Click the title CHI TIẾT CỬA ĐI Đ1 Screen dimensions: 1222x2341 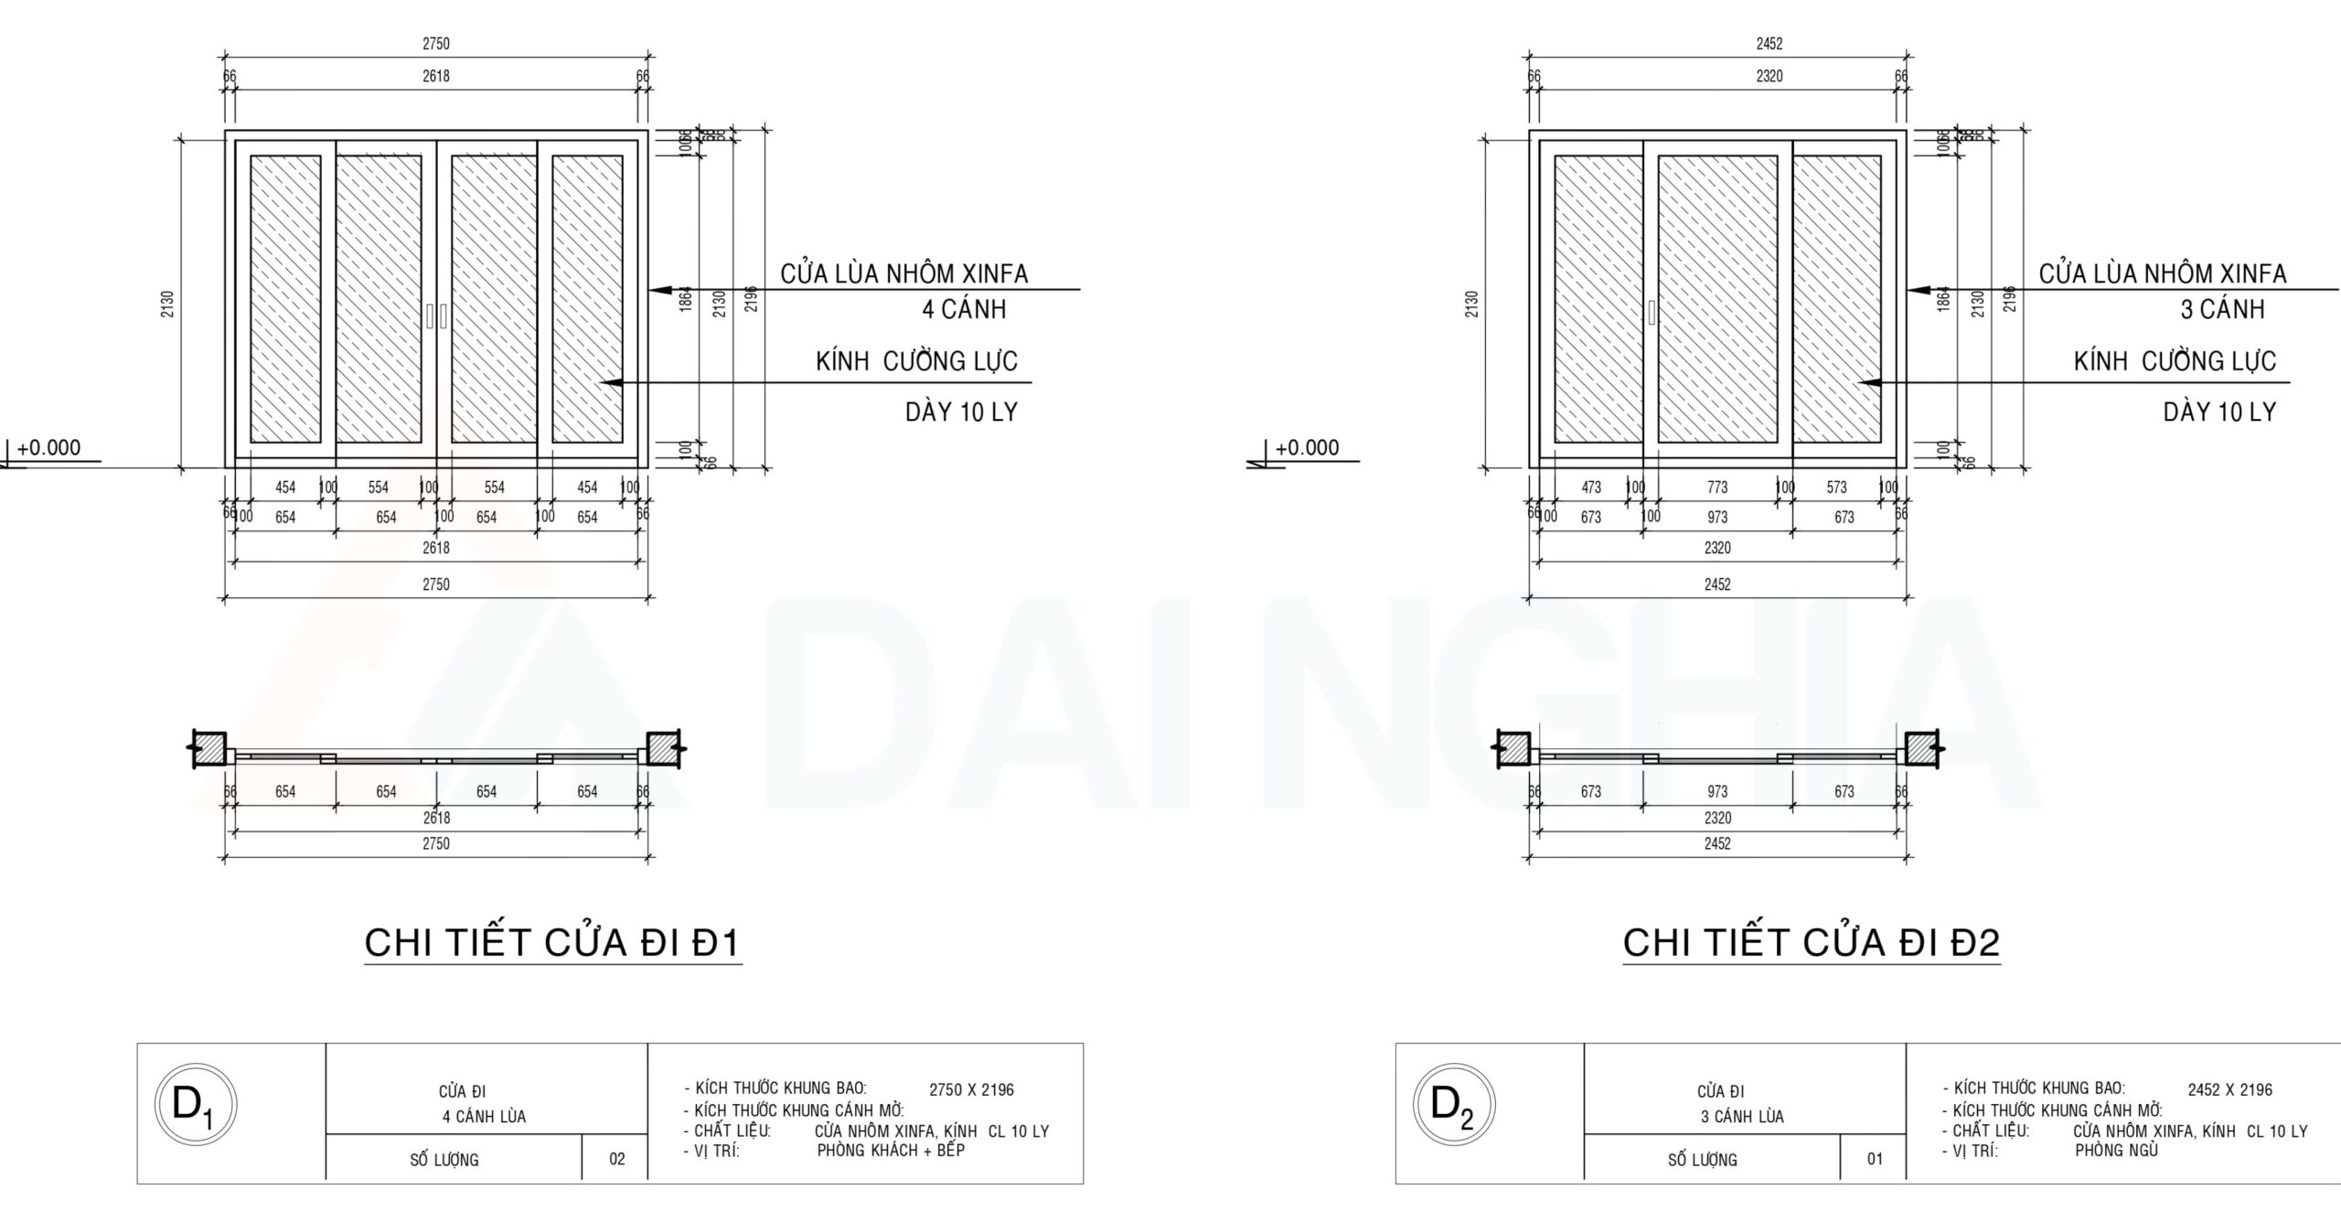click(x=552, y=943)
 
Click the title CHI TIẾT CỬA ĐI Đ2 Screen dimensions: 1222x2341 click(x=1811, y=943)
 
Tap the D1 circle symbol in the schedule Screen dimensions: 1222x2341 click(x=196, y=1108)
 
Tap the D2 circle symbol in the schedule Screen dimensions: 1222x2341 click(x=1454, y=1108)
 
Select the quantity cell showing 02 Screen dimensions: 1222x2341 click(x=617, y=1159)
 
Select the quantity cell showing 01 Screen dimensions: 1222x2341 click(x=1876, y=1159)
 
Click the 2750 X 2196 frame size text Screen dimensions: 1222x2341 click(x=971, y=1089)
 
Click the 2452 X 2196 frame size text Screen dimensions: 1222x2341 click(x=2229, y=1089)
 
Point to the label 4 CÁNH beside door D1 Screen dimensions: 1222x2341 click(x=964, y=309)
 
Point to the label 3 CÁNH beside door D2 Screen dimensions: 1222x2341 click(x=2222, y=309)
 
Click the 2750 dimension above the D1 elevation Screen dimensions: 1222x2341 click(x=436, y=43)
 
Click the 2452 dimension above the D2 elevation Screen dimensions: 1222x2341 click(x=1769, y=43)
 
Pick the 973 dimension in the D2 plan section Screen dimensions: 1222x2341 click(x=1717, y=791)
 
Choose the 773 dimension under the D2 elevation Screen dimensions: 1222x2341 click(x=1717, y=488)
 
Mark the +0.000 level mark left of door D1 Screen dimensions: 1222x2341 click(x=48, y=447)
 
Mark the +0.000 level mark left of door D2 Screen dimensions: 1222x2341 click(x=1306, y=447)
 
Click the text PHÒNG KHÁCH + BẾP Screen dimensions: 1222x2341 click(x=891, y=1151)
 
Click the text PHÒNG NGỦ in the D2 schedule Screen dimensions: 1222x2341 click(x=2116, y=1151)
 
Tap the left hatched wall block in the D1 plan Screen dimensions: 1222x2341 click(x=210, y=748)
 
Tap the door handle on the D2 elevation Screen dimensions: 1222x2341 click(x=1652, y=312)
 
